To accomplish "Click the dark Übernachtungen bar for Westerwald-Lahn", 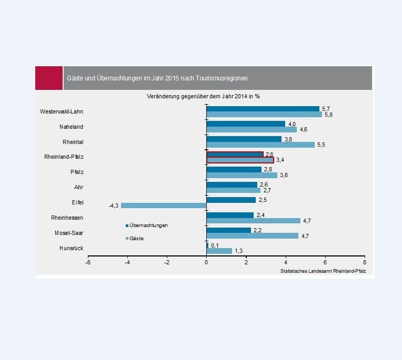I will point(263,109).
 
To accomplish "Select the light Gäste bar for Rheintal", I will point(260,145).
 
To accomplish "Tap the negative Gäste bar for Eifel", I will point(164,205).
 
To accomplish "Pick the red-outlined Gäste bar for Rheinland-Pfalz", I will point(240,160).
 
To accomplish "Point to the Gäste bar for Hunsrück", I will point(219,251).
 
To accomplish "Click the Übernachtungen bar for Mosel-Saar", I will point(228,230).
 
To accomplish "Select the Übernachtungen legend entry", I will point(147,225).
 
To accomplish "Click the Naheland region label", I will point(71,127).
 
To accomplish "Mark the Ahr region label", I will point(78,187).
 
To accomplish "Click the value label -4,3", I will point(113,205).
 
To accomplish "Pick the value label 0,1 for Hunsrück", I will point(214,245).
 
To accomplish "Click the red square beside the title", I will point(49,78).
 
